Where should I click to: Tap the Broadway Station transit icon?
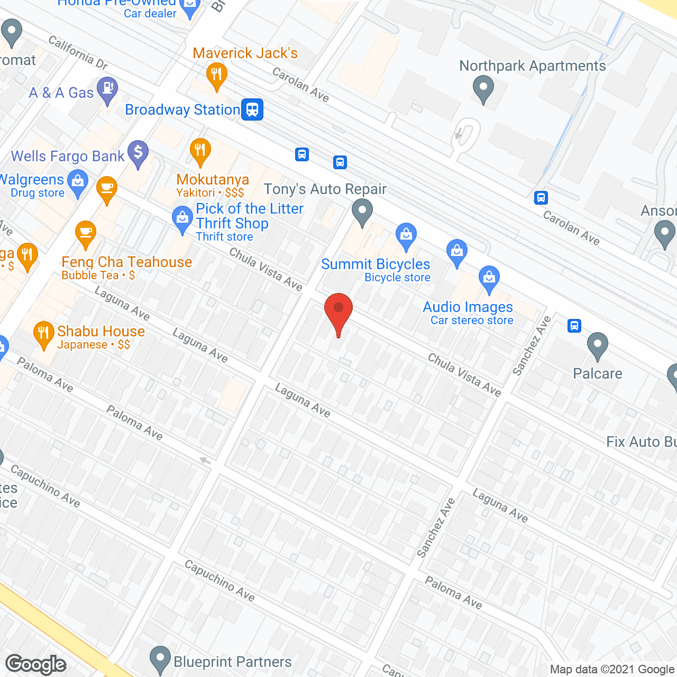tap(252, 109)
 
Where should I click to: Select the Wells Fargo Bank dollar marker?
tap(138, 153)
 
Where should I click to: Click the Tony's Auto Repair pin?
tap(362, 212)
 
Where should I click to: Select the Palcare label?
tap(598, 373)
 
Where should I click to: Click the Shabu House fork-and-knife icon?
tap(43, 334)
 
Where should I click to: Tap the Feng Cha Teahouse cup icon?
tap(86, 233)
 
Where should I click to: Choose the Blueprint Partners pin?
tap(160, 659)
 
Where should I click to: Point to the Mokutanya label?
tap(213, 180)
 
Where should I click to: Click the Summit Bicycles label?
tap(376, 264)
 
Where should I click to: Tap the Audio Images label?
tap(468, 307)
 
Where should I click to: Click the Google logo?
tap(36, 664)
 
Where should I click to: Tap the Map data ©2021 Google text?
tap(612, 670)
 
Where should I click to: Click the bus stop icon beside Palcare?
tap(574, 325)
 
